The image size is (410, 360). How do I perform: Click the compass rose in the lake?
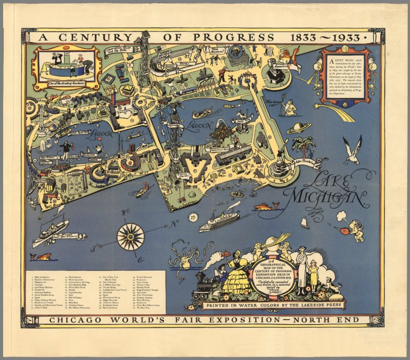tap(130, 236)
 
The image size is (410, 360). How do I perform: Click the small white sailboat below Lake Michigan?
tap(305, 223)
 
